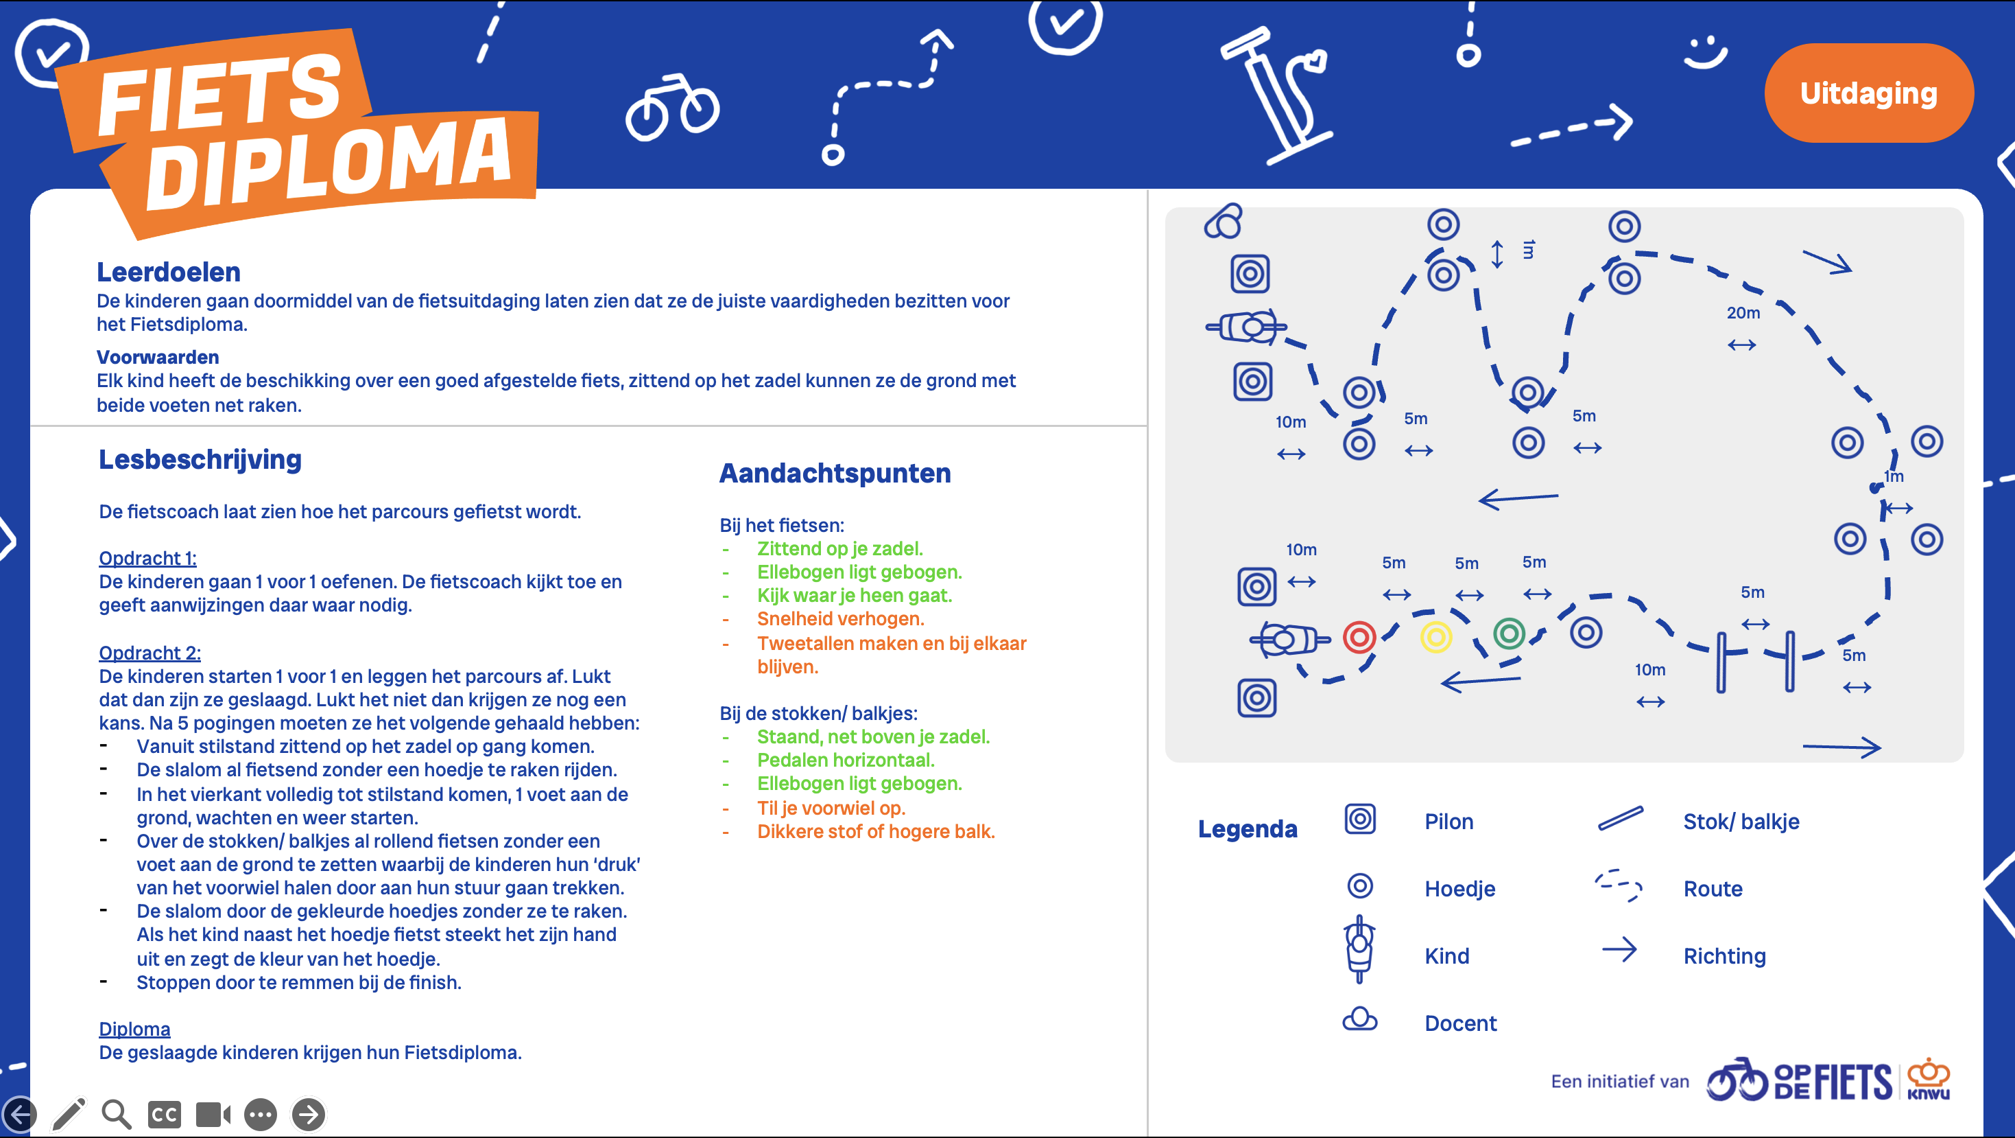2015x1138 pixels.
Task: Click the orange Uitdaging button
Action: (x=1868, y=93)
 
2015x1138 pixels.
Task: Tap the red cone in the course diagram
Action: (x=1359, y=637)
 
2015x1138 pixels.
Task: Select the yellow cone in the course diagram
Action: (x=1435, y=637)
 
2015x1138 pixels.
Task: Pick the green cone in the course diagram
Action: (x=1509, y=634)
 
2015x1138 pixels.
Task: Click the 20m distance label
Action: (x=1743, y=313)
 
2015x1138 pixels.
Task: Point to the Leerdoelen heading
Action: (x=168, y=272)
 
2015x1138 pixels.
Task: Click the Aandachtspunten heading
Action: (x=835, y=473)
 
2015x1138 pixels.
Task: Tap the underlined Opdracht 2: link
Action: (x=150, y=652)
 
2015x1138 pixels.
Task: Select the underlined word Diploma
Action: (x=134, y=1028)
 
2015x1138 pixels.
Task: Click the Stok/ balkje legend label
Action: (x=1741, y=821)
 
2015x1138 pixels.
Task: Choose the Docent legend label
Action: (x=1459, y=1023)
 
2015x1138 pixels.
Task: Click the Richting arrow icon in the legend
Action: (x=1619, y=950)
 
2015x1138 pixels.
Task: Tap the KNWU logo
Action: (x=1927, y=1080)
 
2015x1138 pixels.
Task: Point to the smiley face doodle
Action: (x=1704, y=54)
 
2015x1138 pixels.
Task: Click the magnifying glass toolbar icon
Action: (x=117, y=1114)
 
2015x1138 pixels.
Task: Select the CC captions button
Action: (x=165, y=1114)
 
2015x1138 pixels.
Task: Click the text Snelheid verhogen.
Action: (x=840, y=618)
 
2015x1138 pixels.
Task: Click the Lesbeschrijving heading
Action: (x=200, y=459)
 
